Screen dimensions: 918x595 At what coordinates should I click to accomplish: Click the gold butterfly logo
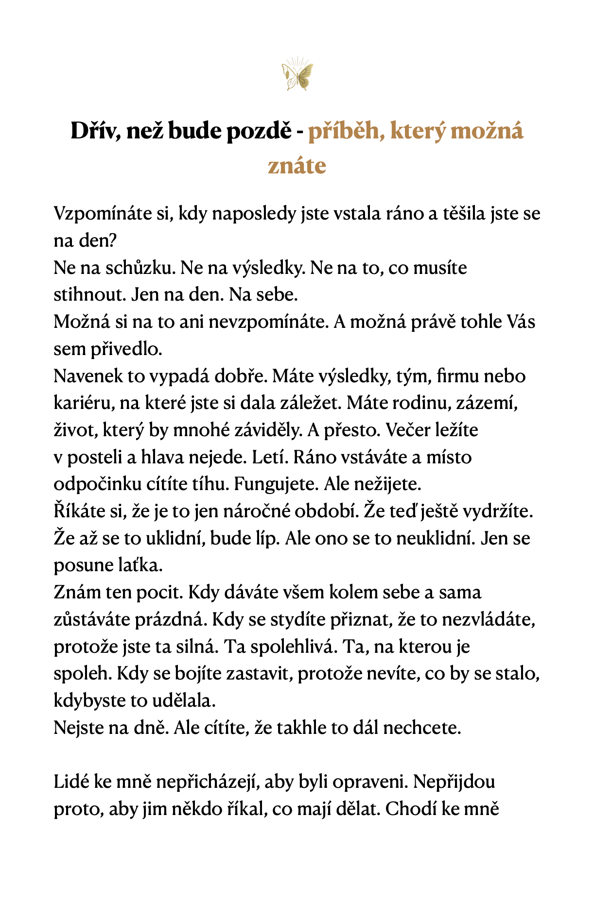pos(297,74)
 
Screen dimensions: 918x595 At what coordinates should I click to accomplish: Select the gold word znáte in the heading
pos(297,166)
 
